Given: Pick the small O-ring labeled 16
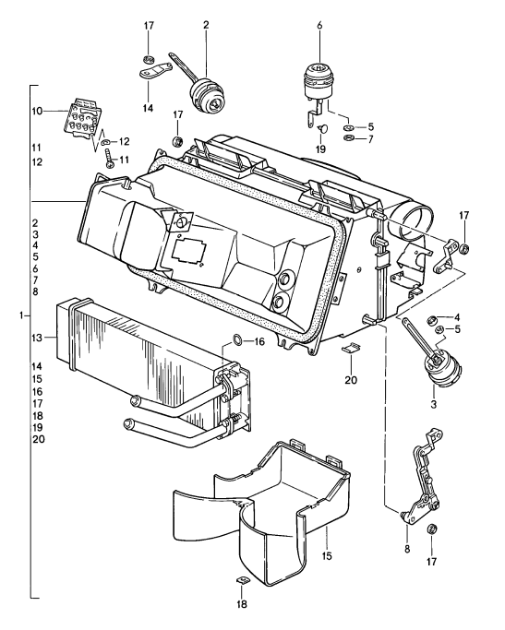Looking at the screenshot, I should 235,341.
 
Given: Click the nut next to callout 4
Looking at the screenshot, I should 429,319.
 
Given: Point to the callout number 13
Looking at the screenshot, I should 37,339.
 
